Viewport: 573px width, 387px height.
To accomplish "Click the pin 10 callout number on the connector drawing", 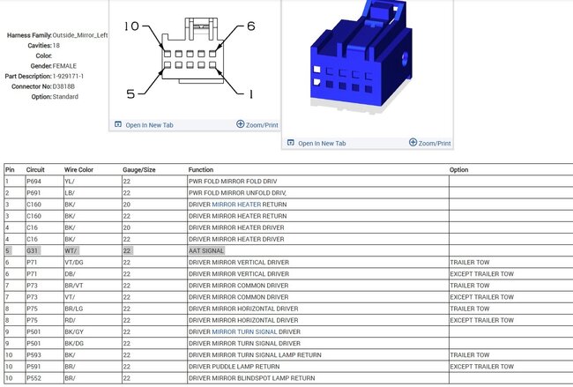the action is point(131,26).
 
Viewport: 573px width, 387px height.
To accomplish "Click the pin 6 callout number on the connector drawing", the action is point(251,26).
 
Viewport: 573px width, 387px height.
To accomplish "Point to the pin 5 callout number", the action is point(130,94).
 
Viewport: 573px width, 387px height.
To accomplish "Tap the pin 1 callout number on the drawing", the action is point(250,94).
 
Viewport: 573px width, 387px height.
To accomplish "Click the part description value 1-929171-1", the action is point(68,77).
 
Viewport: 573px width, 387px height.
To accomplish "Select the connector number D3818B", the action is point(63,86).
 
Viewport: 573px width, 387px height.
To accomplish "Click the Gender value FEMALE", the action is point(64,66).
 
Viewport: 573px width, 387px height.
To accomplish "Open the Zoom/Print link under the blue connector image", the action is point(430,143).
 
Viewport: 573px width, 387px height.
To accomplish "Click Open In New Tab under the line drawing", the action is point(144,125).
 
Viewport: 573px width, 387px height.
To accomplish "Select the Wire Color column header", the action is point(78,169).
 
